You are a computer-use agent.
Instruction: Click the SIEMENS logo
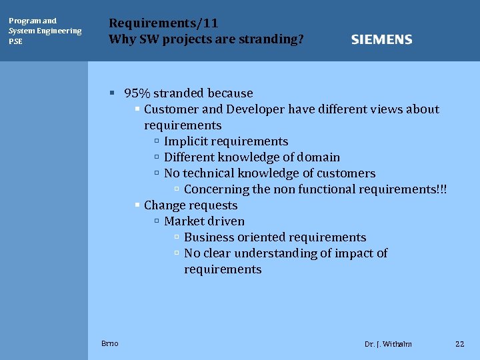(x=381, y=39)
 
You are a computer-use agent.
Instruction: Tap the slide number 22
(x=459, y=344)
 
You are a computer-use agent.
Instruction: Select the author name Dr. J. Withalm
(x=388, y=344)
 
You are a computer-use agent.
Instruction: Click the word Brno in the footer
(x=110, y=343)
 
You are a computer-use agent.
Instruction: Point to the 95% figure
(x=137, y=93)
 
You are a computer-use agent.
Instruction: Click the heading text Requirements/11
(x=163, y=23)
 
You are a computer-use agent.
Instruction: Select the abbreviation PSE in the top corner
(x=15, y=41)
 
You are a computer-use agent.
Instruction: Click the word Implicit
(x=186, y=141)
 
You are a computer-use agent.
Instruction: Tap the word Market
(x=183, y=221)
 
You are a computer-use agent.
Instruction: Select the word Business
(x=209, y=237)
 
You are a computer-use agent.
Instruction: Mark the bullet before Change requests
(x=137, y=205)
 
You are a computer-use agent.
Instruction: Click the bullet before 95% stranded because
(x=113, y=93)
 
